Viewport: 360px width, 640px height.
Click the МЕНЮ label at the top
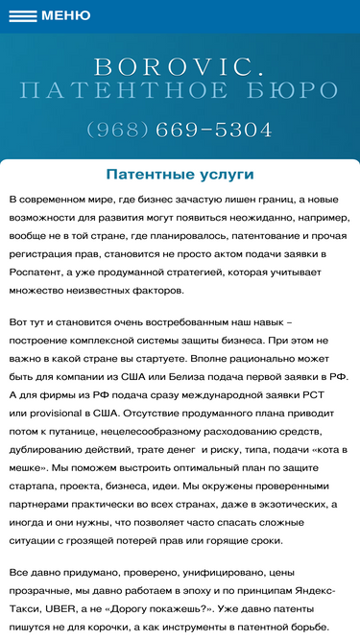65,15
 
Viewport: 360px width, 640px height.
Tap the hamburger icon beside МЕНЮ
22,15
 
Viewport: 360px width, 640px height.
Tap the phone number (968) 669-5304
180,129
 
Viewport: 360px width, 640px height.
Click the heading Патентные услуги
180,175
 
